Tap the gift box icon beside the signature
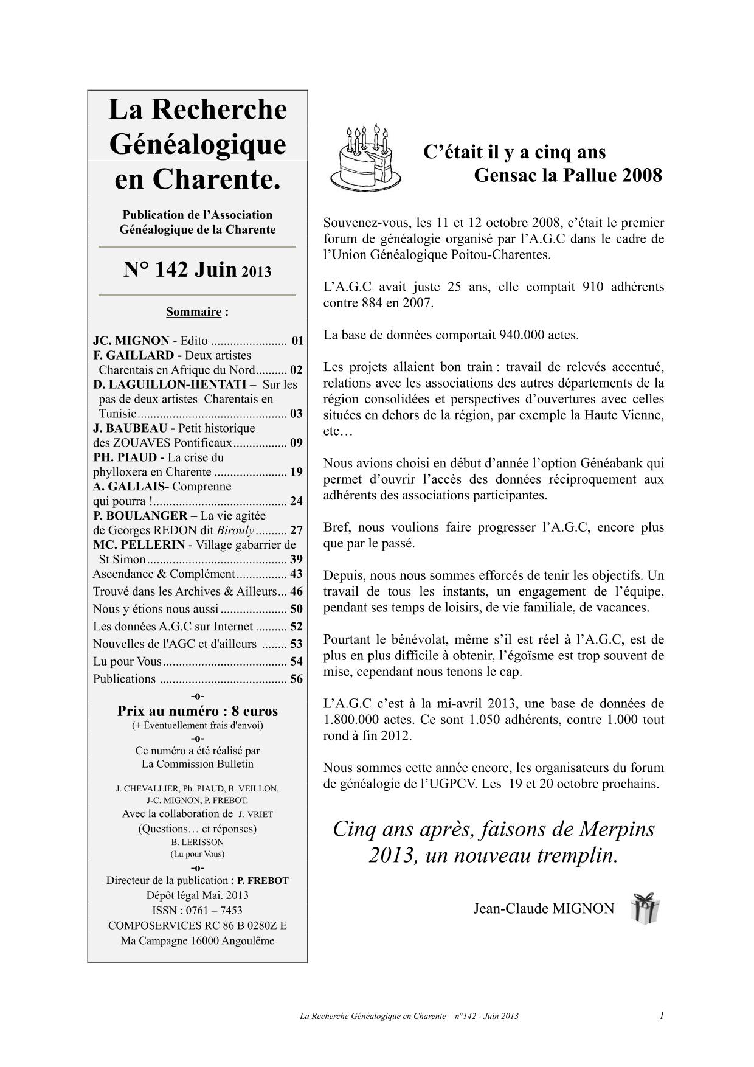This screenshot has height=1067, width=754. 645,908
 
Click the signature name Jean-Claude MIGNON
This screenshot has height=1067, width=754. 544,909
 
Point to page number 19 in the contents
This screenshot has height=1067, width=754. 296,472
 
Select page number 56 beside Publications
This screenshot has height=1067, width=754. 296,679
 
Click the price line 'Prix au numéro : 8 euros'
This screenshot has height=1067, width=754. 198,711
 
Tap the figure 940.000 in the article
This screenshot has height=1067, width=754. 522,335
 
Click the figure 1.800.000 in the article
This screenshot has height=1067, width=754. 349,720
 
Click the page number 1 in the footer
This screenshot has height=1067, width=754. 661,1015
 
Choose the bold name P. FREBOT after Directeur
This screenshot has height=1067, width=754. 263,881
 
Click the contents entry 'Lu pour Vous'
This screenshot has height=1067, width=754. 128,661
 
